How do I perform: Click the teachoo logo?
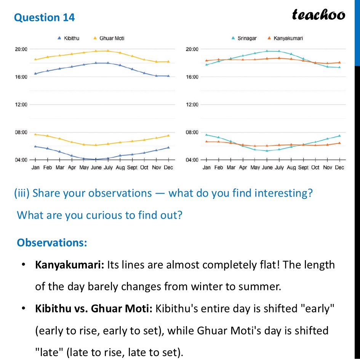318,14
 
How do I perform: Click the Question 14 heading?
45,18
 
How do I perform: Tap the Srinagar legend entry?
244,38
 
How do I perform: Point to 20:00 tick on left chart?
21,49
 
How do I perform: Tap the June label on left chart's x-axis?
96,168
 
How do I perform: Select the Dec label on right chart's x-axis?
339,168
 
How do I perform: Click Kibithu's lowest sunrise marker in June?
96,159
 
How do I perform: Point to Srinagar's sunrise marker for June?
267,151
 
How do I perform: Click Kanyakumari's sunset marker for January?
206,61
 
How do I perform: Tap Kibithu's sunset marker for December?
168,76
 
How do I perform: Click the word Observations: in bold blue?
52,243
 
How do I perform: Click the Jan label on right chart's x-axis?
206,168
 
